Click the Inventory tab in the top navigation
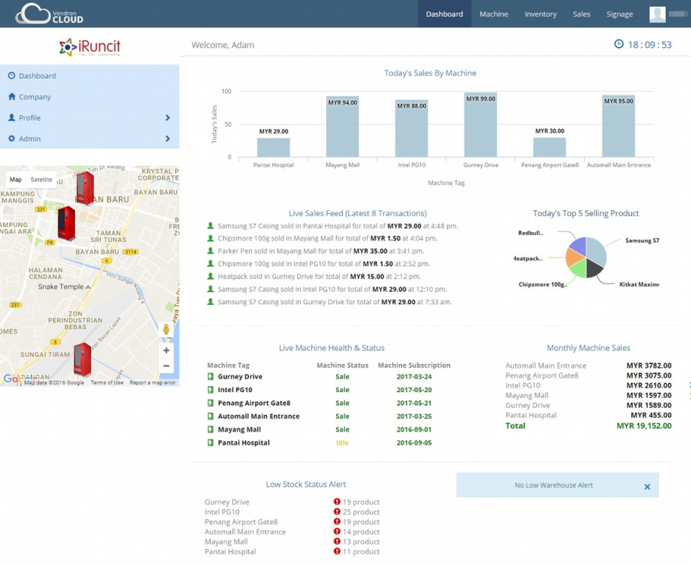point(540,14)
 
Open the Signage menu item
point(619,14)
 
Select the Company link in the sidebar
point(35,97)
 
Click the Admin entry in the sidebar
point(30,138)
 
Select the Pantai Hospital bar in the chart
point(274,147)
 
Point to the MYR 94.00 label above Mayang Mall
point(343,102)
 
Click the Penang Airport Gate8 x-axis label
point(550,165)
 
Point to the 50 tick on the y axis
point(227,125)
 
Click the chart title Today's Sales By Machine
point(430,73)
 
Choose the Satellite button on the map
point(41,179)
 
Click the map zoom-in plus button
point(166,350)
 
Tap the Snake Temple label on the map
point(60,287)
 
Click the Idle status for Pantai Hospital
point(342,442)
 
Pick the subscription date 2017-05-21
point(414,403)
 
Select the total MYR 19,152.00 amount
point(643,426)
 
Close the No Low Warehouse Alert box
point(647,486)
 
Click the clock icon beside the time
point(618,45)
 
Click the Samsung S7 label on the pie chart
point(641,241)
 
